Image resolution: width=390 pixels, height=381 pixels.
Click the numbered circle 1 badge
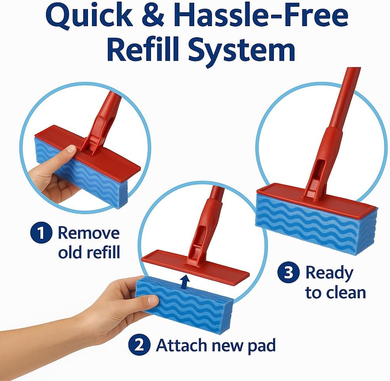[x=41, y=233]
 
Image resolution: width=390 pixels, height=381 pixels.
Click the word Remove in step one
[x=88, y=233]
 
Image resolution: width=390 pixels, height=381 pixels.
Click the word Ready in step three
[x=329, y=273]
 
